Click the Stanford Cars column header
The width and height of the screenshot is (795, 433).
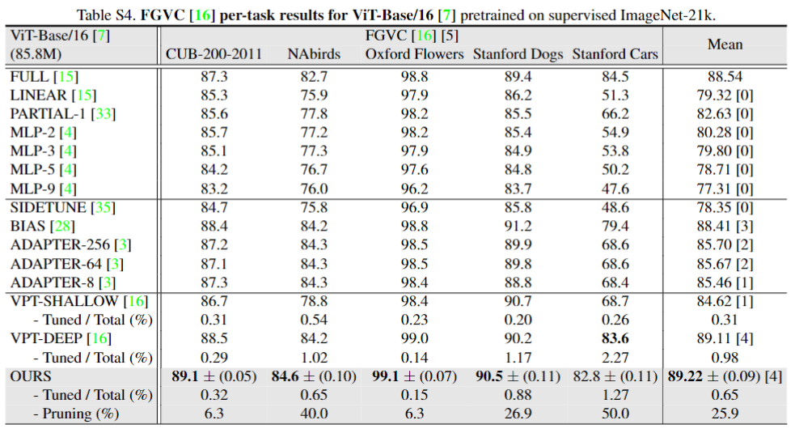pos(615,55)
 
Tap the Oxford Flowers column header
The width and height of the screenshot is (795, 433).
pos(414,55)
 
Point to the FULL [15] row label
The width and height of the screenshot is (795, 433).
pos(42,76)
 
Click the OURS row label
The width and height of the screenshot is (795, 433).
pos(31,376)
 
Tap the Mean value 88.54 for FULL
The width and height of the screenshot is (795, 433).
pos(725,76)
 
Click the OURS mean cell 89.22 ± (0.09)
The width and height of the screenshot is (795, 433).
pos(725,376)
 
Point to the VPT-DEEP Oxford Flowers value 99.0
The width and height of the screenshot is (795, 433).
pos(414,338)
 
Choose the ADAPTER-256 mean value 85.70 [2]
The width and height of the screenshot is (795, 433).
pos(725,245)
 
